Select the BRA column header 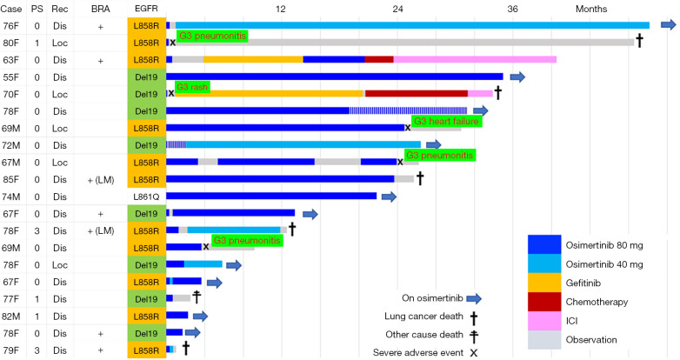tap(101, 8)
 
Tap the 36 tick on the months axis tap(512, 8)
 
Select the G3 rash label tap(193, 87)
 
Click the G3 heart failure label tap(446, 121)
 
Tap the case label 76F tap(12, 26)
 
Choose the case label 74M tap(12, 197)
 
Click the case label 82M tap(12, 315)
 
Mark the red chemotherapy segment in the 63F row tap(379, 60)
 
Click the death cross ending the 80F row tap(639, 41)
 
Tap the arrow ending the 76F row tap(667, 25)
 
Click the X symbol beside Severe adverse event tap(473, 352)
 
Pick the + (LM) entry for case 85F tap(101, 179)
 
